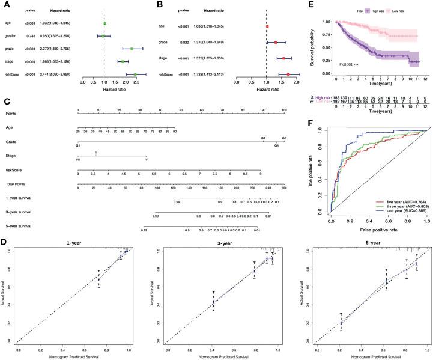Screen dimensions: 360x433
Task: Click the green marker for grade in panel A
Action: click(132, 49)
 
